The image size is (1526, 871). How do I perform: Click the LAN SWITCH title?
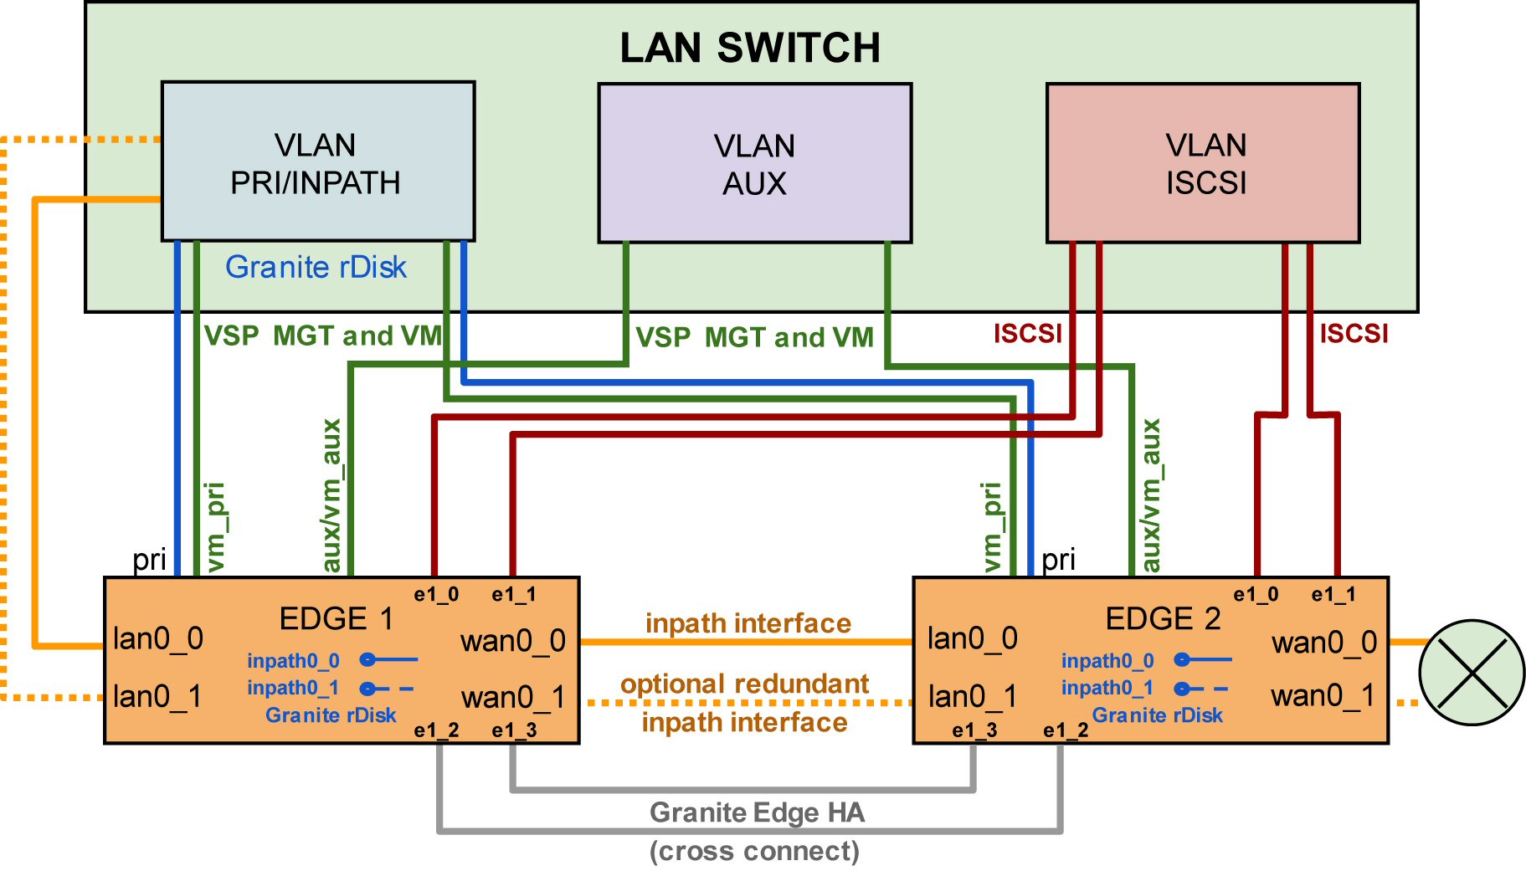[x=749, y=48]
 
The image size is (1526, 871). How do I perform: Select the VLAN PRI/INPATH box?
[x=317, y=161]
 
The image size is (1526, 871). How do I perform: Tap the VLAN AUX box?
[x=754, y=163]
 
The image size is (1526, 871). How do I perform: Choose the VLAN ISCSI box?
[x=1203, y=163]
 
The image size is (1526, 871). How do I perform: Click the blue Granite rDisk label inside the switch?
[x=316, y=267]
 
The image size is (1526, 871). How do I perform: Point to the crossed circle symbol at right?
[x=1472, y=672]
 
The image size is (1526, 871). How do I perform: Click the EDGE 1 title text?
[x=336, y=618]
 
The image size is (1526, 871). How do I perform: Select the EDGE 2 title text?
[x=1162, y=618]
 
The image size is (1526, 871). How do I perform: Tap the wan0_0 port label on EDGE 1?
[x=512, y=641]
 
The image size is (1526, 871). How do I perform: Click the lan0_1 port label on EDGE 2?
[x=972, y=696]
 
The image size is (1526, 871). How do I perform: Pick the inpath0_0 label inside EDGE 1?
[x=293, y=661]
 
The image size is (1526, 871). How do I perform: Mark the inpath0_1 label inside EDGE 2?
[x=1107, y=688]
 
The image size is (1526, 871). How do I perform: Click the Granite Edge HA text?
[x=757, y=812]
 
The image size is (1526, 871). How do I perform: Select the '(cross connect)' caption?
[x=754, y=851]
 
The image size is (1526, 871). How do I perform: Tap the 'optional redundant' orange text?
[x=744, y=684]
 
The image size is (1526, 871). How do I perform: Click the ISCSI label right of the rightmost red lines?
[x=1354, y=334]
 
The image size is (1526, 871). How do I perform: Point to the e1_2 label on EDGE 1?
[x=436, y=730]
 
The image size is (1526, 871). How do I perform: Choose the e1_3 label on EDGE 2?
[x=974, y=730]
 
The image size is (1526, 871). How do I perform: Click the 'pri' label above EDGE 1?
[x=149, y=559]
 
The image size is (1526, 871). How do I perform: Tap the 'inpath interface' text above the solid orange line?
[x=748, y=623]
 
